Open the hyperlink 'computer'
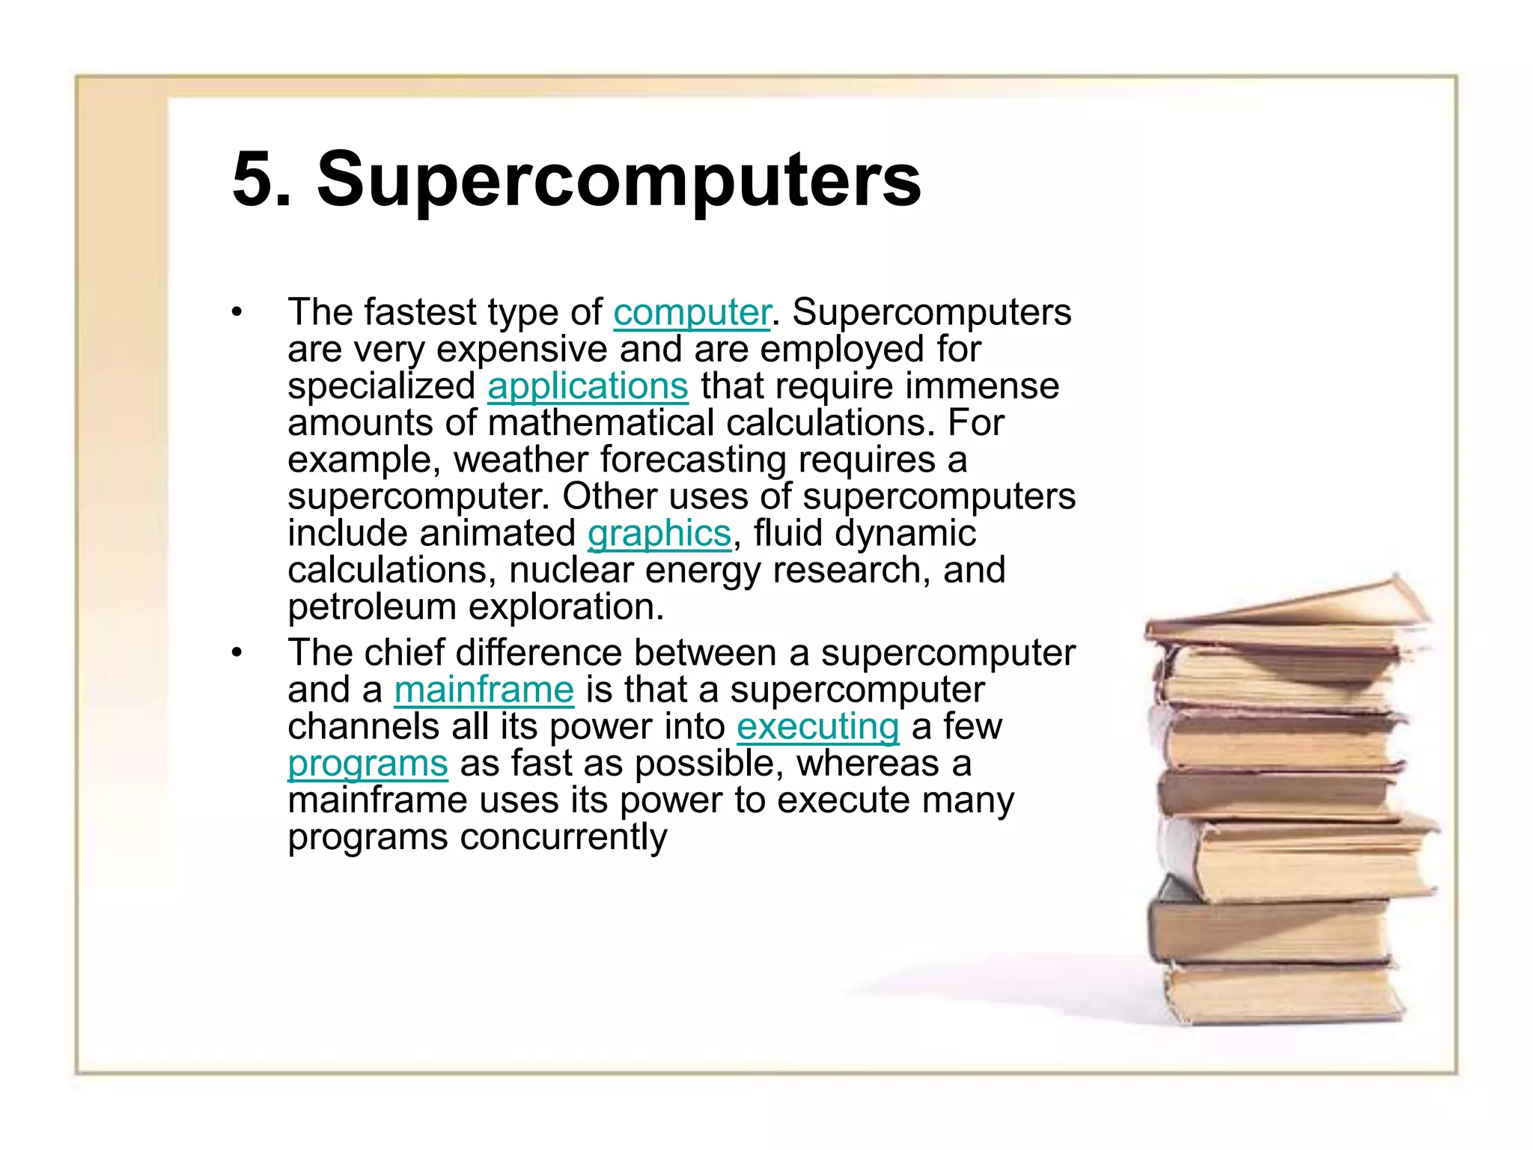click(x=692, y=312)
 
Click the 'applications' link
click(x=588, y=386)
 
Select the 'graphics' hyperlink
click(x=659, y=534)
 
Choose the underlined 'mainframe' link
click(x=484, y=690)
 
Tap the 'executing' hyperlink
click(x=817, y=727)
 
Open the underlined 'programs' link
click(x=368, y=764)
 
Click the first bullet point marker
click(x=237, y=312)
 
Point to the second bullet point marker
click(x=237, y=653)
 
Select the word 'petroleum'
click(x=371, y=607)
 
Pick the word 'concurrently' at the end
click(x=563, y=837)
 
